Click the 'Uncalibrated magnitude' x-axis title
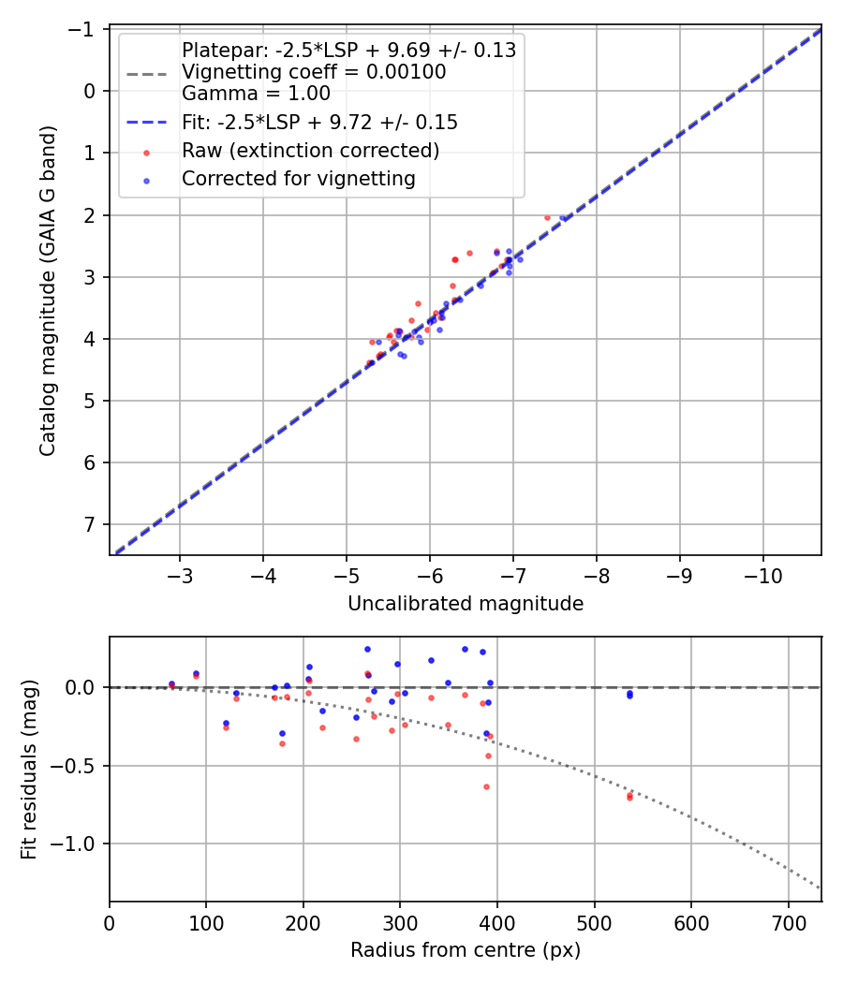[x=466, y=604]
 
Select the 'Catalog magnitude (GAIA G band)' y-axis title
[x=48, y=290]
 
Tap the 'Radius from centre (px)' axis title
[x=466, y=950]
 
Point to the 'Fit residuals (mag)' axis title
[x=29, y=770]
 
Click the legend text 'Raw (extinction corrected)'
[x=310, y=151]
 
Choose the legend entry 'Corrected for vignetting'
[x=298, y=178]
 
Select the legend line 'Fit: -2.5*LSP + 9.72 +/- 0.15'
[x=318, y=123]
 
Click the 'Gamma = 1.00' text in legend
[x=256, y=94]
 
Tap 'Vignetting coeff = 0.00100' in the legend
[x=313, y=72]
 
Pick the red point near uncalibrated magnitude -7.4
[x=547, y=217]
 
